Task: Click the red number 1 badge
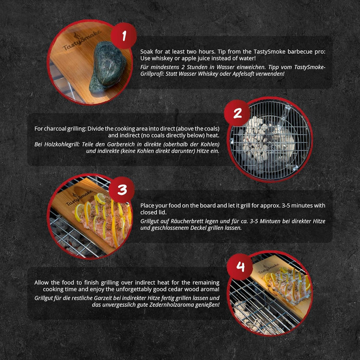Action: (x=124, y=36)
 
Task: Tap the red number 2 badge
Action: (x=237, y=113)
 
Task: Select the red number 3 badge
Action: (x=121, y=190)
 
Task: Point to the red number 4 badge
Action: (x=240, y=267)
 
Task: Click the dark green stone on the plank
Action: (x=107, y=66)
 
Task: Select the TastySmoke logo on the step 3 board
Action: (x=79, y=197)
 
